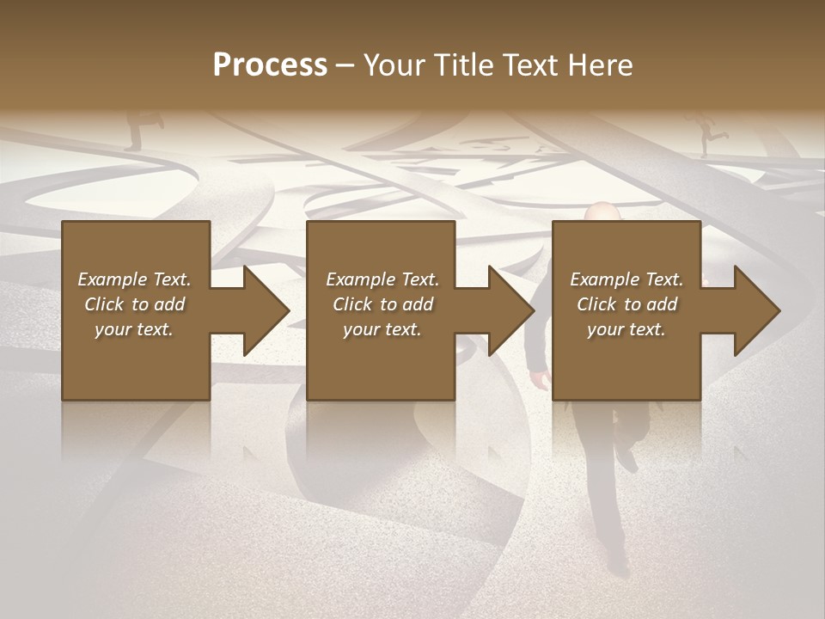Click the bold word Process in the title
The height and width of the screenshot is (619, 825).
[270, 64]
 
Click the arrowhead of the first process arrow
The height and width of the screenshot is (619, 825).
[266, 310]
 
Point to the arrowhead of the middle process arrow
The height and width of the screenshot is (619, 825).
[511, 310]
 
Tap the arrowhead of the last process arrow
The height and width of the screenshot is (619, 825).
[757, 310]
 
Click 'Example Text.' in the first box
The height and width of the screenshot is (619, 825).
[135, 279]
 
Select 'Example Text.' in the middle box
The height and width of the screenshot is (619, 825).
[382, 279]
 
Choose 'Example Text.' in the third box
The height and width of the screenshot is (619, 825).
[626, 279]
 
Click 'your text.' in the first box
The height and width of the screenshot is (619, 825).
[135, 329]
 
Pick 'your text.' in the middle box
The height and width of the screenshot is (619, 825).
[382, 329]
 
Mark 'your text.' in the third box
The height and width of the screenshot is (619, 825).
[626, 329]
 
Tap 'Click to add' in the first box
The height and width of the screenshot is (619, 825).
[135, 304]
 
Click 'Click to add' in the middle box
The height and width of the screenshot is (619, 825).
[382, 304]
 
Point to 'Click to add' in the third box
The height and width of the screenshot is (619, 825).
[626, 304]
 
